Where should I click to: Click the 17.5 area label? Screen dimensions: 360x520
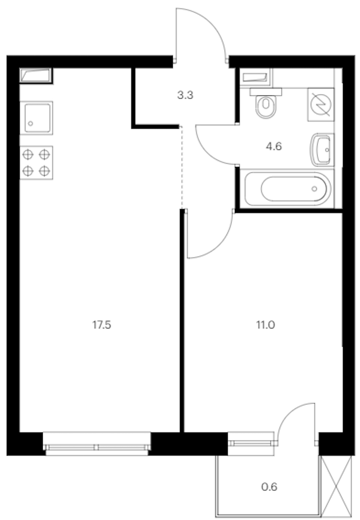102,325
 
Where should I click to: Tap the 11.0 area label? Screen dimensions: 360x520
265,325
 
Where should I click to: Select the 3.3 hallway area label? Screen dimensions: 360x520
185,95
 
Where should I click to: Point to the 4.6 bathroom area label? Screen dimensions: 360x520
274,146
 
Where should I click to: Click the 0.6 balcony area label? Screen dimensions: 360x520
269,487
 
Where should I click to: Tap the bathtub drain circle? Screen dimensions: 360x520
314,189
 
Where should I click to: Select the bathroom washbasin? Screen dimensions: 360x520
322,150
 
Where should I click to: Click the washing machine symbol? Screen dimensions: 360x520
321,104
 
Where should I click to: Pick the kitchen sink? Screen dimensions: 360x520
36,118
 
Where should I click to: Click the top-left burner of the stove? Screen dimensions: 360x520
28,154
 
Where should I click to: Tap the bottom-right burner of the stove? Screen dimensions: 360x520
45,171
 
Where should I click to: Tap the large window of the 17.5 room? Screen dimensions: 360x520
97,444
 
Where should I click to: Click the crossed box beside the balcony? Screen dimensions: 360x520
337,486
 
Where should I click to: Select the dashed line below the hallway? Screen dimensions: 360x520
181,167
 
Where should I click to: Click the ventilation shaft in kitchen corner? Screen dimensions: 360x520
36,75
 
